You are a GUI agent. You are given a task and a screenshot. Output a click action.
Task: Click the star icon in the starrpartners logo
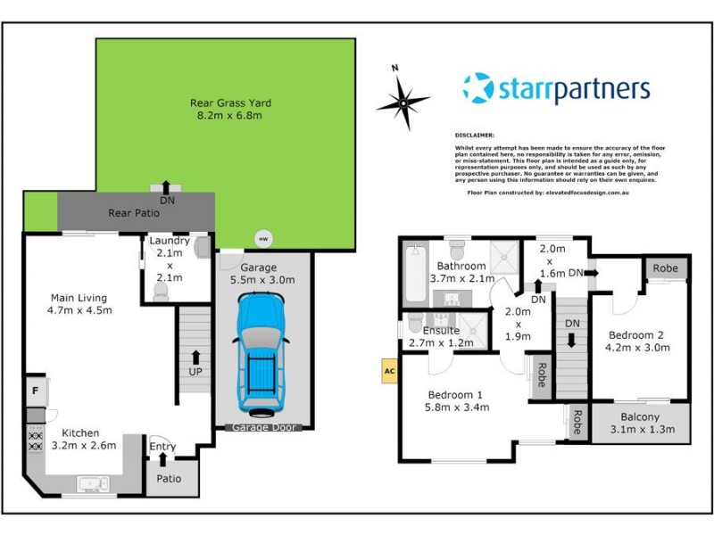(477, 88)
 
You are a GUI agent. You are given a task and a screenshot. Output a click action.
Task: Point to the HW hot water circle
(262, 238)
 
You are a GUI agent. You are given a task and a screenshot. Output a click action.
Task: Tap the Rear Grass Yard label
(230, 103)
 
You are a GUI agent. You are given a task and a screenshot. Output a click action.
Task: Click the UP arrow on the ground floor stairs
(193, 363)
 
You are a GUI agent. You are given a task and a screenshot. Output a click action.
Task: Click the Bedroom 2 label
(635, 335)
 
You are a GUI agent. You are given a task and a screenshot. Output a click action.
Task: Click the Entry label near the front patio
(162, 447)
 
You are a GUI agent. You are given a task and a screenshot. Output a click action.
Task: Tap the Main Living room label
(79, 298)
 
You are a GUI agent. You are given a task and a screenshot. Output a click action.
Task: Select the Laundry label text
(168, 241)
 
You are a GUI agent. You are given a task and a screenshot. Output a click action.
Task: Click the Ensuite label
(441, 330)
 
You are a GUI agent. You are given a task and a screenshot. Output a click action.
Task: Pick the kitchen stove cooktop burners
(37, 439)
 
